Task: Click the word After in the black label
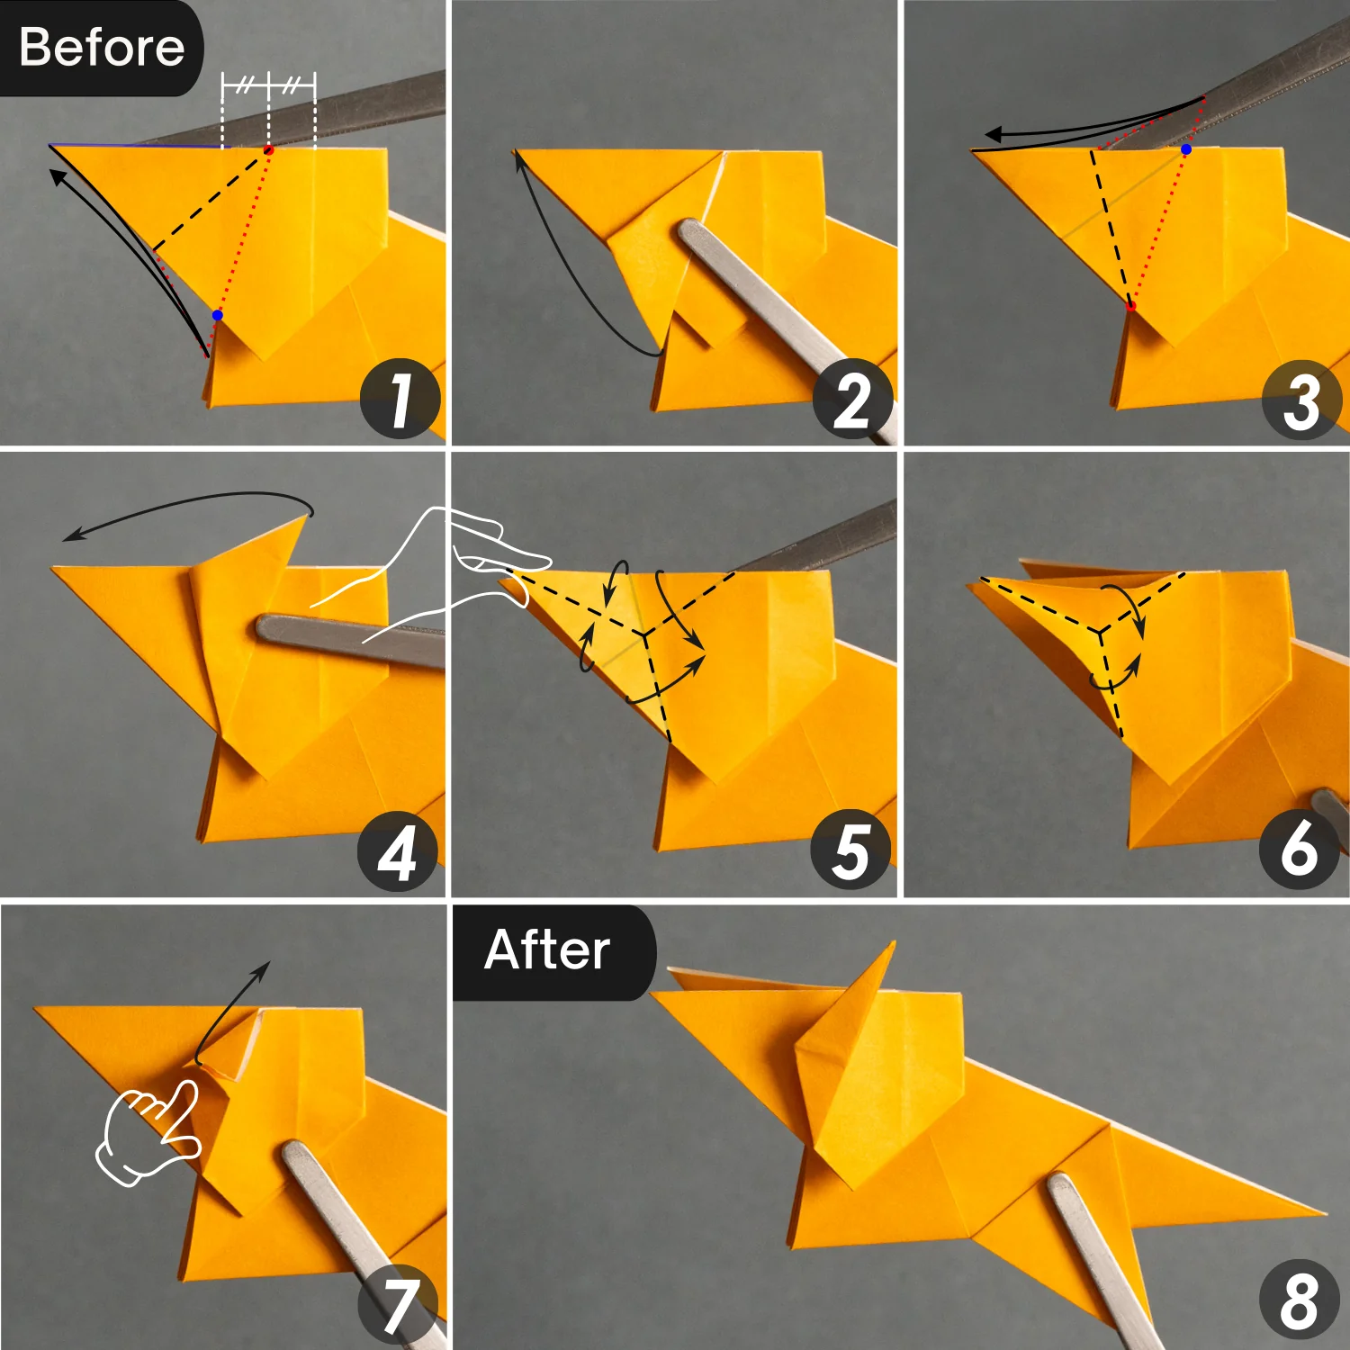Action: click(x=547, y=950)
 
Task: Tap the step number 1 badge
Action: click(x=400, y=399)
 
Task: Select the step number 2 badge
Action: click(x=851, y=400)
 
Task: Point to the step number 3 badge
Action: click(x=1301, y=400)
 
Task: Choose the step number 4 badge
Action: click(x=397, y=851)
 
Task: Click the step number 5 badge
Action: click(x=850, y=850)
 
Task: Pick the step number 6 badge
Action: click(x=1299, y=849)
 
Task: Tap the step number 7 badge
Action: click(x=399, y=1304)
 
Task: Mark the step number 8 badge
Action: click(x=1299, y=1300)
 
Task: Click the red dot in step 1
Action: click(x=268, y=149)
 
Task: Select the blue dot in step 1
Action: click(x=217, y=315)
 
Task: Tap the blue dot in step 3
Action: click(x=1186, y=149)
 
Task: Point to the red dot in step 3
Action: click(x=1131, y=307)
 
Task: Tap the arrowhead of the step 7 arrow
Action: click(x=264, y=967)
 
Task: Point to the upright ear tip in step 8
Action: click(x=893, y=945)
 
